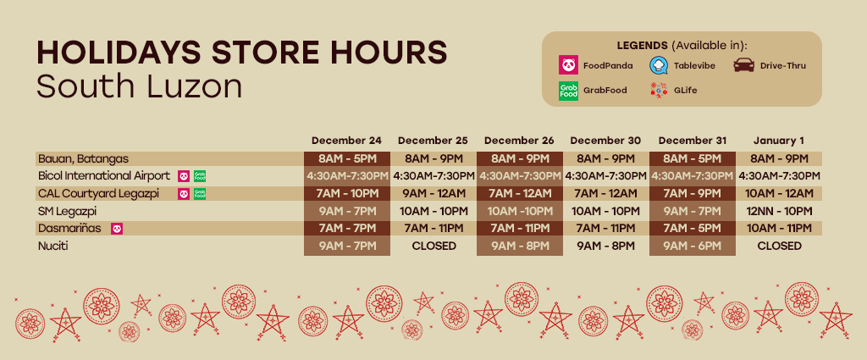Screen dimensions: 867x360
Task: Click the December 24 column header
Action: [x=346, y=141]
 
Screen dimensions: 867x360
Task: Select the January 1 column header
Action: [x=779, y=141]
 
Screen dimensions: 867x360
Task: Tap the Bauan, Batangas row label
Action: [x=84, y=158]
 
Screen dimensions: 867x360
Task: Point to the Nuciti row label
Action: [x=53, y=246]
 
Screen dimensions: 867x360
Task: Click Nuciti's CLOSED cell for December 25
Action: [x=434, y=246]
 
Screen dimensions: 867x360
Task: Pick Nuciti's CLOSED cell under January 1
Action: [x=779, y=246]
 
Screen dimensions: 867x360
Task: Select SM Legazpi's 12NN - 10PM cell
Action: [x=779, y=211]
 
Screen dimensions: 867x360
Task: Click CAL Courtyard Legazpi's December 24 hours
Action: [x=346, y=193]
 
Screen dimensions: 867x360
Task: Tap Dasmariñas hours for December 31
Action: [x=693, y=229]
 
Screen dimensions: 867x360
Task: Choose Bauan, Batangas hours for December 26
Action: [x=520, y=159]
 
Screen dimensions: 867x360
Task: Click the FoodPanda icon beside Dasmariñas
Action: [x=117, y=229]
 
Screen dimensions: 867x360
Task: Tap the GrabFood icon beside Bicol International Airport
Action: [x=200, y=176]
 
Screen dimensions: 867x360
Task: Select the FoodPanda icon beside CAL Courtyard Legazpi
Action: [x=184, y=194]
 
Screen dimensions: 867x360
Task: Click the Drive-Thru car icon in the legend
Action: [x=743, y=65]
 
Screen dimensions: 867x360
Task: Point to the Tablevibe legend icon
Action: [x=659, y=65]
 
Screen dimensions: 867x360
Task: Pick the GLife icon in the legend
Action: [x=659, y=90]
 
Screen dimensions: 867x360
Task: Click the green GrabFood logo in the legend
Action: [x=568, y=90]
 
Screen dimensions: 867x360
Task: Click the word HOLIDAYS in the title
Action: [x=119, y=53]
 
